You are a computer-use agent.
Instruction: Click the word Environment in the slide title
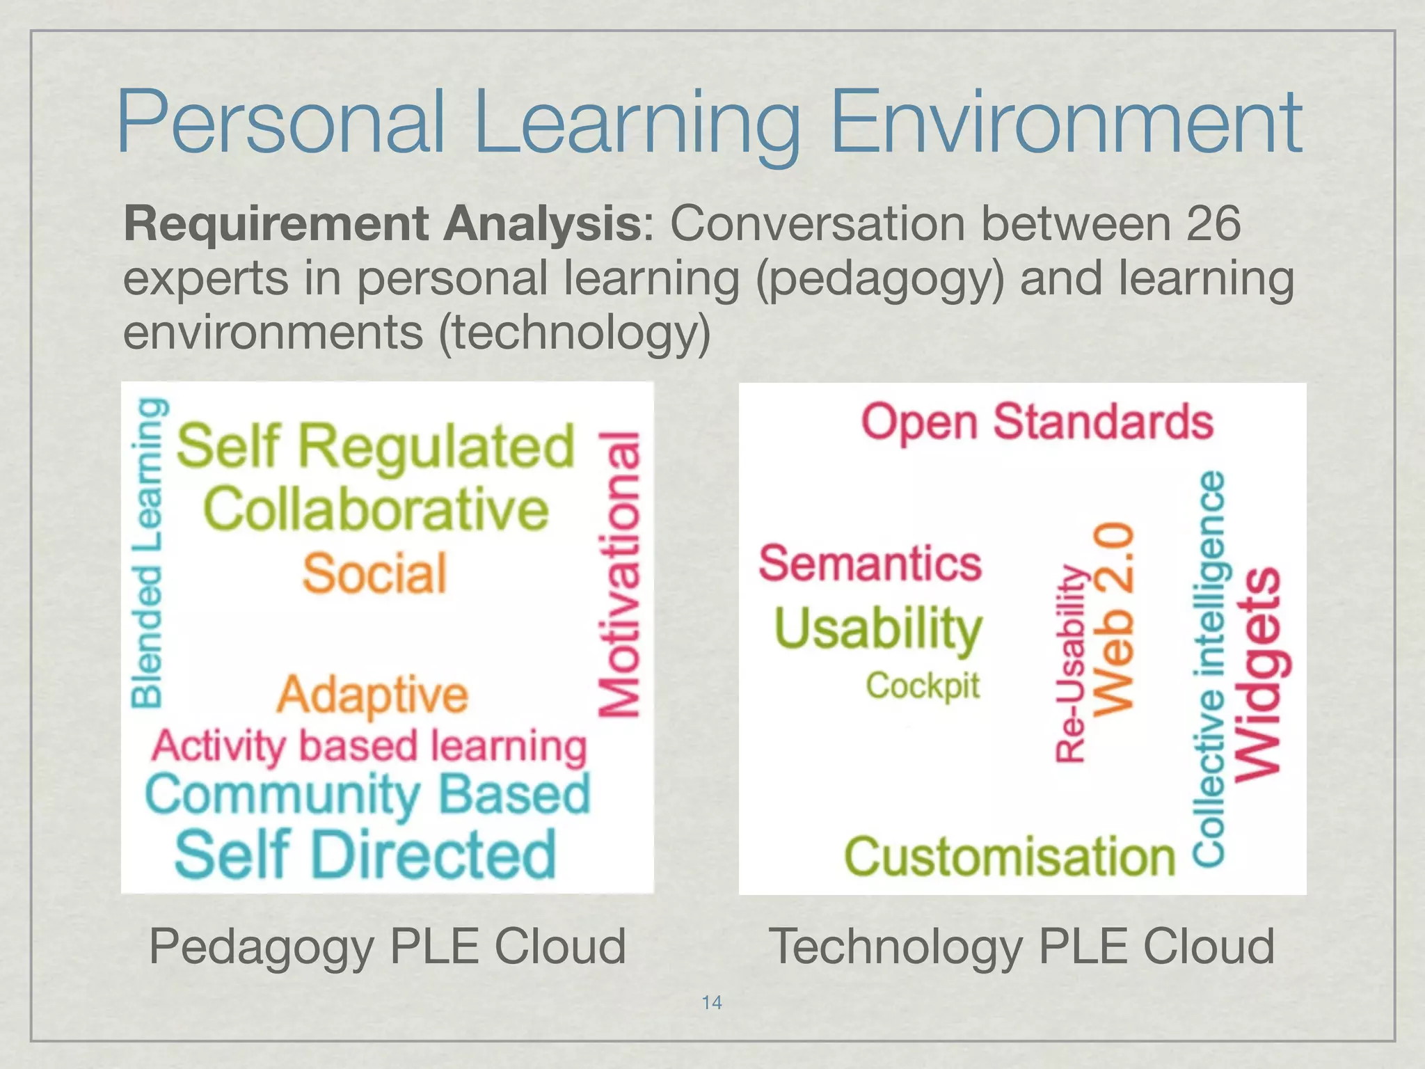[1065, 124]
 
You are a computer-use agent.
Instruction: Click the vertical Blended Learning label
[148, 553]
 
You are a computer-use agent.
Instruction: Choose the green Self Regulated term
[376, 447]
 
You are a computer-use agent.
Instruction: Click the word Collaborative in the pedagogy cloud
[376, 510]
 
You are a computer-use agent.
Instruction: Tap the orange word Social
[374, 574]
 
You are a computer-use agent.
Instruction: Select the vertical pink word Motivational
[620, 574]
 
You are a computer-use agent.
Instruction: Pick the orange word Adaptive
[372, 695]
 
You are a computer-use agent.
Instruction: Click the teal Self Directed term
[365, 854]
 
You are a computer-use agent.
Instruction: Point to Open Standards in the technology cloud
[1037, 422]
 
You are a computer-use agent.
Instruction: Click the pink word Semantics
[870, 564]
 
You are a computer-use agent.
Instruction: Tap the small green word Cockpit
[923, 686]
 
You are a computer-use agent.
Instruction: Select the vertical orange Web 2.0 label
[1113, 619]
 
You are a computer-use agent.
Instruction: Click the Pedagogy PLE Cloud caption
[388, 947]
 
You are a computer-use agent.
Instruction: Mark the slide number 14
[712, 1003]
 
